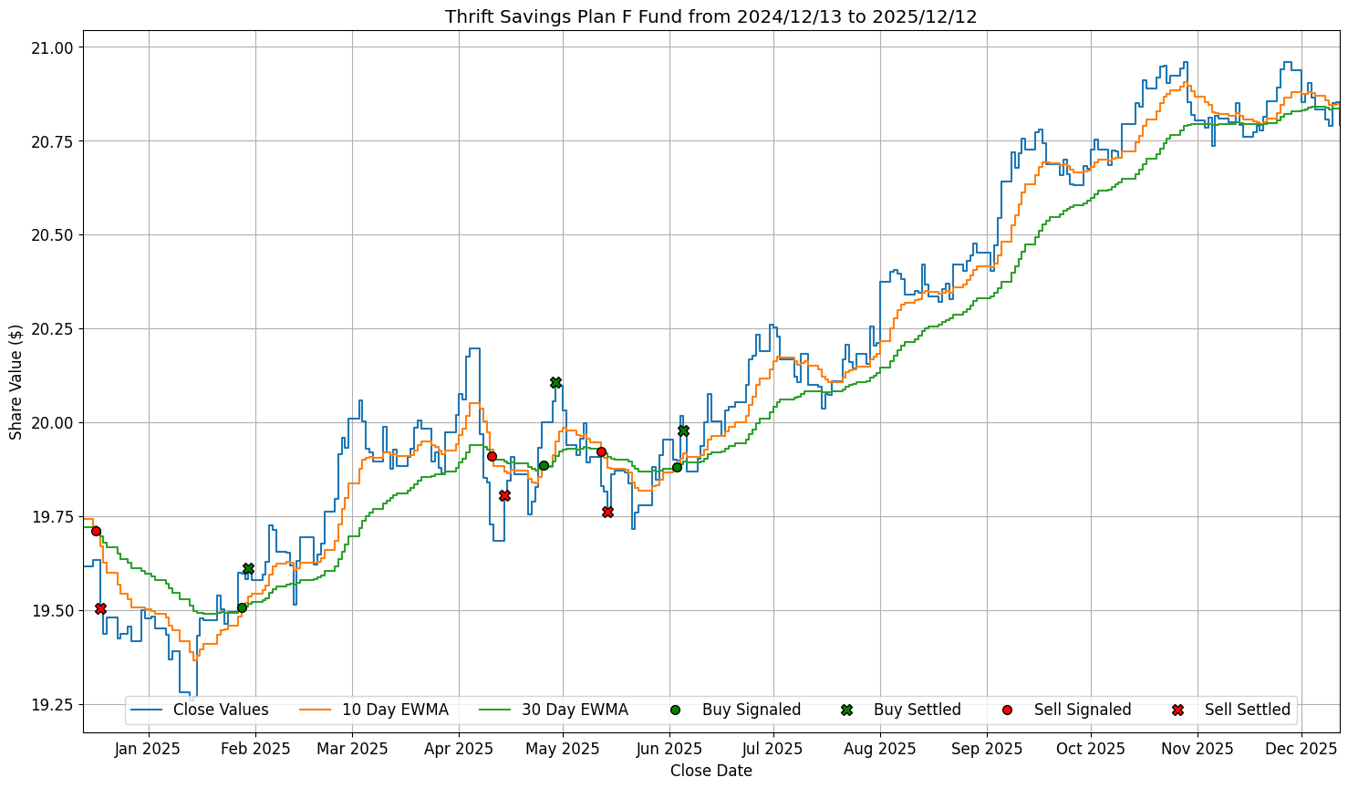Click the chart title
[x=711, y=17]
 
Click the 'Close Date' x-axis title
[x=711, y=771]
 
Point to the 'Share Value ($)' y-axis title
[x=16, y=381]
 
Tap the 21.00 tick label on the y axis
[x=57, y=47]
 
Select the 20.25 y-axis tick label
[x=57, y=329]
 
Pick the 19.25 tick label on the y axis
[x=57, y=705]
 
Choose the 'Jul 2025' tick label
[x=773, y=749]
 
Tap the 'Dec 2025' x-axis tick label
[x=1301, y=749]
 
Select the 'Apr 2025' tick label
[x=458, y=749]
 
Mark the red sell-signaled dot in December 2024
[x=96, y=531]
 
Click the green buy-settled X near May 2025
[x=555, y=382]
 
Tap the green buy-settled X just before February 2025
[x=248, y=568]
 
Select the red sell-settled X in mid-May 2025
[x=607, y=512]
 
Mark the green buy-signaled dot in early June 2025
[x=677, y=467]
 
